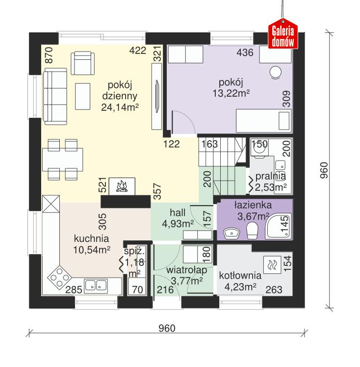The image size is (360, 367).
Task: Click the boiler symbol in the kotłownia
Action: pyautogui.click(x=272, y=265)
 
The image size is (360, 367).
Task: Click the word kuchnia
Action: pyautogui.click(x=91, y=239)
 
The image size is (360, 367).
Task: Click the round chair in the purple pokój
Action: pyautogui.click(x=275, y=72)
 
